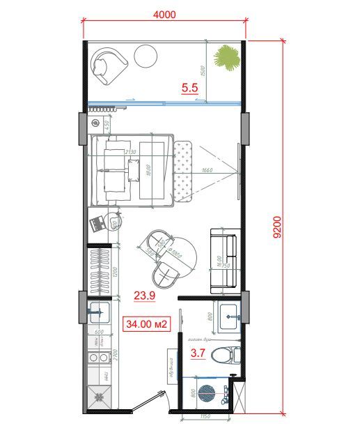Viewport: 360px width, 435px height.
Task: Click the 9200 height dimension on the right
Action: [277, 227]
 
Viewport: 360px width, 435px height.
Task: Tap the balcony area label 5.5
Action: [190, 88]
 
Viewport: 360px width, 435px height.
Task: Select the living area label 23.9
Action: [144, 296]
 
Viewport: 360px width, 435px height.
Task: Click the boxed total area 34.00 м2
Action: [146, 323]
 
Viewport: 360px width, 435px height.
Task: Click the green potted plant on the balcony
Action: [226, 58]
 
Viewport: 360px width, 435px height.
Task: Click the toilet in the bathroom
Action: [224, 356]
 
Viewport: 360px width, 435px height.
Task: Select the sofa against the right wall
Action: [225, 259]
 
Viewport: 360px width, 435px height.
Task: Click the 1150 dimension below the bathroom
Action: [205, 418]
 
